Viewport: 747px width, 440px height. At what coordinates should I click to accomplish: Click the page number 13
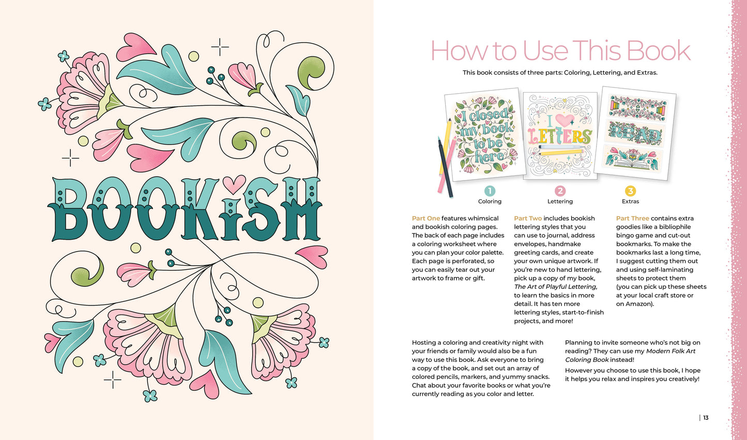coord(706,418)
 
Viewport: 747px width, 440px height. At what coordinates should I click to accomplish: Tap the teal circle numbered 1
coord(490,191)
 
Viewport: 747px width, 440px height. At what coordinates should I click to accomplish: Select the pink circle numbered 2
coord(560,191)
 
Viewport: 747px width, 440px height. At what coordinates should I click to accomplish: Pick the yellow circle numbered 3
coord(630,191)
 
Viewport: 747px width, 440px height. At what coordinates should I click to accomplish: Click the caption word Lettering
coord(560,201)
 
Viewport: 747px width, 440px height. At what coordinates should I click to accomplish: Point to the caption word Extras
coord(630,201)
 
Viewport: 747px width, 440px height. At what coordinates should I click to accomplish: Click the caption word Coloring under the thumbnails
coord(490,201)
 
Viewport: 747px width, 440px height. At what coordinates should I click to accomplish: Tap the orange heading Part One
coord(425,218)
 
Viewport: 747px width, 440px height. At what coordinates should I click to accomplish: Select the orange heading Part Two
coord(528,218)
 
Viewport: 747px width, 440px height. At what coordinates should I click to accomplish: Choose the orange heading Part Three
coord(632,218)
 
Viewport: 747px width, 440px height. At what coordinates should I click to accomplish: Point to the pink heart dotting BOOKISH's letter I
coord(234,184)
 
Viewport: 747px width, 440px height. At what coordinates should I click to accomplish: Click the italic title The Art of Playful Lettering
coord(555,287)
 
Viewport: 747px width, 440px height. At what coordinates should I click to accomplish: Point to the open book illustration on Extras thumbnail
coord(634,158)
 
